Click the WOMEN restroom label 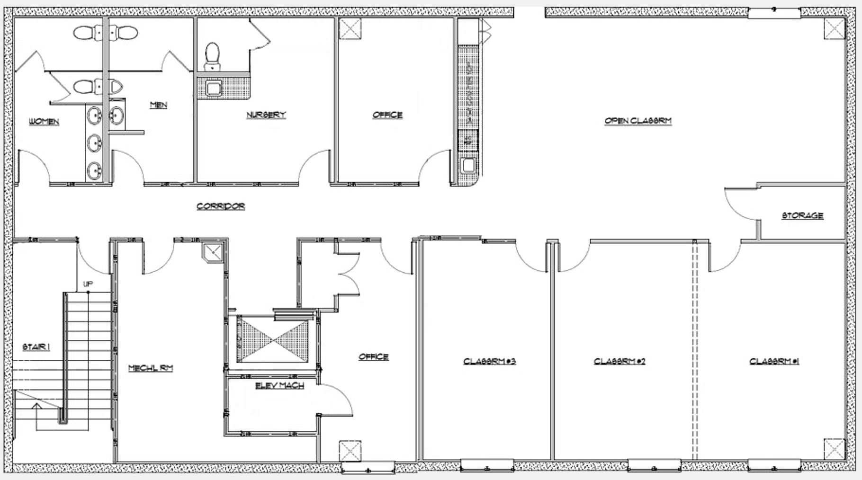click(x=44, y=122)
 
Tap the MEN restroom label click(x=158, y=105)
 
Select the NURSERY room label click(x=266, y=115)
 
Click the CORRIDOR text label click(x=221, y=206)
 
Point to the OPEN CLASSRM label click(x=638, y=121)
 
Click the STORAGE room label click(x=802, y=215)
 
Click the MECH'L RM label click(x=151, y=368)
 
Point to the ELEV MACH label click(x=279, y=385)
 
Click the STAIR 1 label click(x=36, y=347)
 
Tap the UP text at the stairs click(x=88, y=284)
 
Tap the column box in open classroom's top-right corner click(x=834, y=30)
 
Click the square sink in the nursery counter click(x=214, y=88)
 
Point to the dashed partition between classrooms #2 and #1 click(x=695, y=350)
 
